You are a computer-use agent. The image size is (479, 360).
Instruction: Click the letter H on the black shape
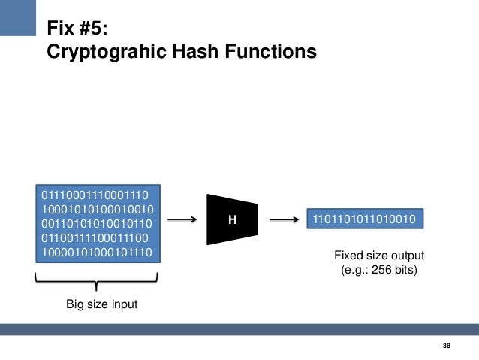232,220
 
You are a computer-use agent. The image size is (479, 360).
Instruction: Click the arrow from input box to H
182,220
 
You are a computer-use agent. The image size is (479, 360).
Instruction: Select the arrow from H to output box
283,220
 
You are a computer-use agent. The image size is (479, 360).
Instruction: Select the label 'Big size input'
96,304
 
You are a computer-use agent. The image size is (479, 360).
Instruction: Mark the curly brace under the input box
96,283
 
